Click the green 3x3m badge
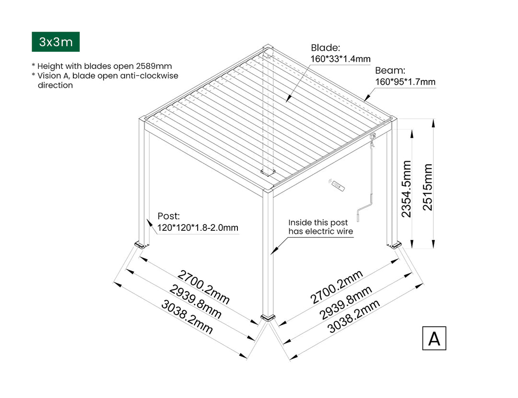pyautogui.click(x=56, y=42)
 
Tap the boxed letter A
pyautogui.click(x=434, y=338)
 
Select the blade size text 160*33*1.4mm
pyautogui.click(x=341, y=59)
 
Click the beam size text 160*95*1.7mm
pyautogui.click(x=405, y=82)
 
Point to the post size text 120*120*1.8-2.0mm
pyautogui.click(x=198, y=227)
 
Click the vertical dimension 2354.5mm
pyautogui.click(x=406, y=189)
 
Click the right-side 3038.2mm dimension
pyautogui.click(x=353, y=316)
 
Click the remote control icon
pyautogui.click(x=338, y=185)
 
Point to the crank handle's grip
pyautogui.click(x=359, y=217)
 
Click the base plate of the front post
pyautogui.click(x=267, y=317)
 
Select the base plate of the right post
pyautogui.click(x=397, y=246)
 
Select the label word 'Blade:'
pyautogui.click(x=325, y=47)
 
